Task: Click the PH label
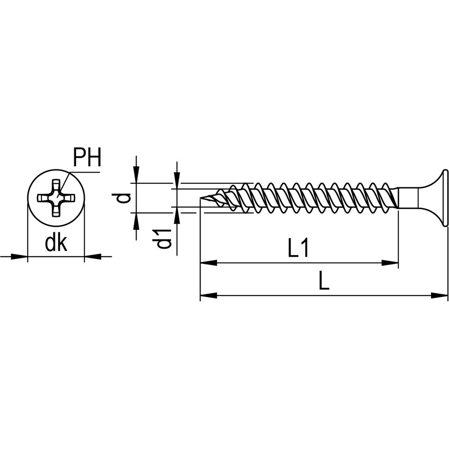87,158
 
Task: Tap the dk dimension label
56,233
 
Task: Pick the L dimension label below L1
324,283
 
